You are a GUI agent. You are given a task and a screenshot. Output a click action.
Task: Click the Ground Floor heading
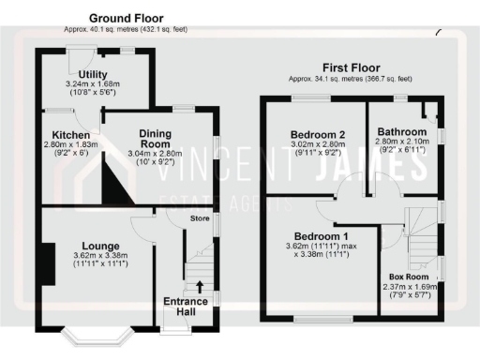coord(125,18)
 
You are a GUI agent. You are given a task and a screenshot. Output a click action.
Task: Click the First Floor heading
coord(352,67)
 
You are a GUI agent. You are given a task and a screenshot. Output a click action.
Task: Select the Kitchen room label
coord(70,135)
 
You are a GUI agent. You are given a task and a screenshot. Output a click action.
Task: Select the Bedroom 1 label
coord(321,235)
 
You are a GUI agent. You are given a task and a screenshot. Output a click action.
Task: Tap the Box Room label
coord(409,277)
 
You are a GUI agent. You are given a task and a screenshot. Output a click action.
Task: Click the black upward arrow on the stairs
coord(199,285)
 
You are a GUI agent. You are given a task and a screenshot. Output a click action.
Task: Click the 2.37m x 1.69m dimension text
coord(409,288)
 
